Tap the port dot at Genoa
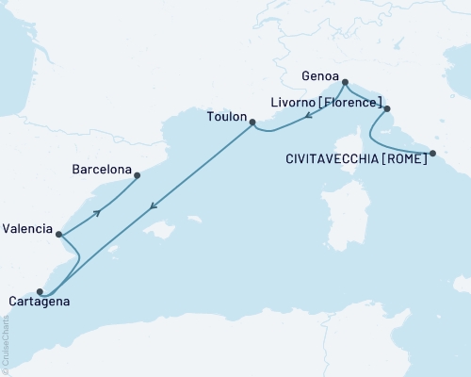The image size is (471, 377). [x=345, y=82]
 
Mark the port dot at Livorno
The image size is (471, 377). [x=385, y=108]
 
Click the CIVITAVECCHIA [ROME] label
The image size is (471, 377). [x=355, y=161]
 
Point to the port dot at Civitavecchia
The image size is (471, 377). [x=432, y=153]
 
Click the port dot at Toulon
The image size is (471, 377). [x=252, y=120]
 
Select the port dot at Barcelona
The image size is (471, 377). [x=138, y=174]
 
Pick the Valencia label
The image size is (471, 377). [x=27, y=228]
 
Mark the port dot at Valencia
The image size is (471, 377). [x=59, y=234]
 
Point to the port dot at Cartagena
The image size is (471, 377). [x=40, y=291]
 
